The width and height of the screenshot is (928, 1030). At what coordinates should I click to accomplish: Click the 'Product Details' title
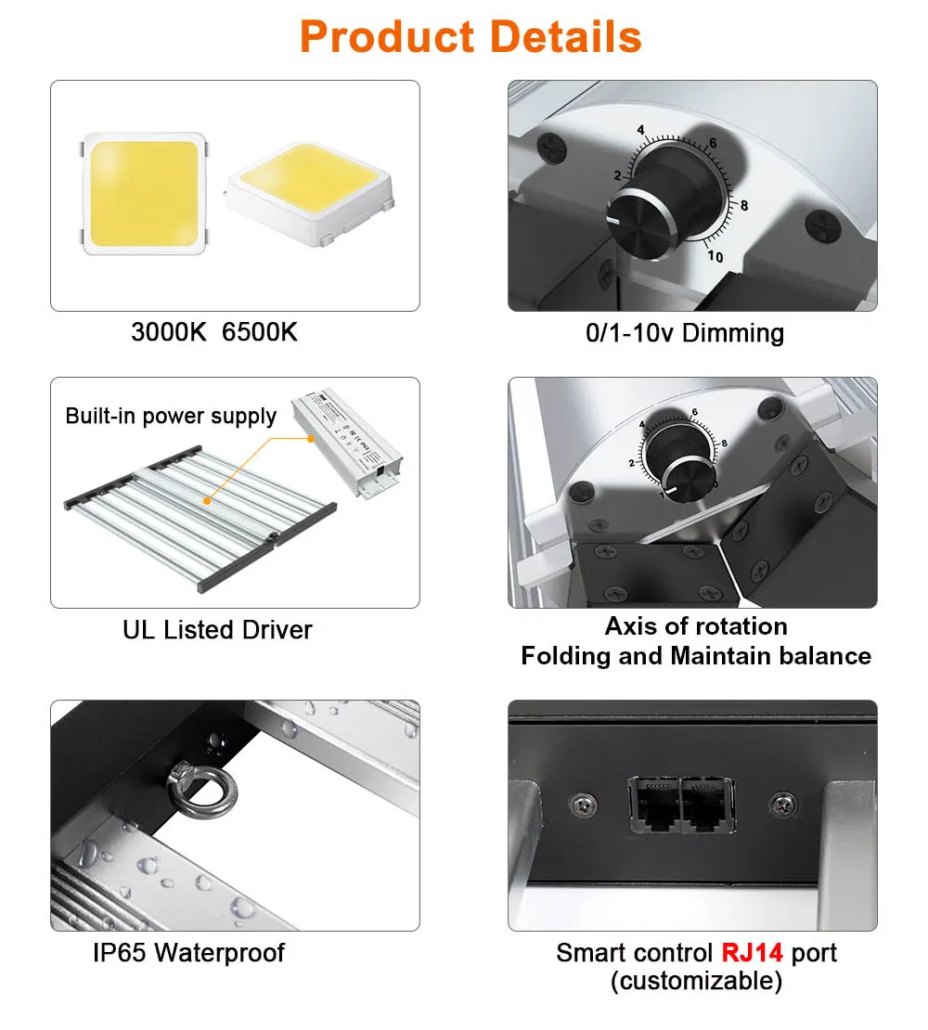click(x=470, y=37)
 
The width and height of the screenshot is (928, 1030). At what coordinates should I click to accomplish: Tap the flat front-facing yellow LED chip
click(x=144, y=194)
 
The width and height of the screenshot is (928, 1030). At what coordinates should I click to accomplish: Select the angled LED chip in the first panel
click(x=309, y=194)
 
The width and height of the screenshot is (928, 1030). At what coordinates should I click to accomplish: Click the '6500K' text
click(x=260, y=331)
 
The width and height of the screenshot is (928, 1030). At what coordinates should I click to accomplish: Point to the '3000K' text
click(x=169, y=331)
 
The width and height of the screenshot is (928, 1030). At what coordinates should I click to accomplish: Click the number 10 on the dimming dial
click(x=715, y=256)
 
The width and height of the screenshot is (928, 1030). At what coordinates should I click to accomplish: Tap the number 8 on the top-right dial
click(x=744, y=205)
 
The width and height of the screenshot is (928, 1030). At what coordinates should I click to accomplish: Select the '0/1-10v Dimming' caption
click(x=685, y=333)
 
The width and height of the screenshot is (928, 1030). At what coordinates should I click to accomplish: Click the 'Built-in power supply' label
click(x=171, y=416)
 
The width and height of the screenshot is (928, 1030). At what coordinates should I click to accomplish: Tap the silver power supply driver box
click(x=347, y=443)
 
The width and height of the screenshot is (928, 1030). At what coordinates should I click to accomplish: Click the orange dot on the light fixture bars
click(x=207, y=501)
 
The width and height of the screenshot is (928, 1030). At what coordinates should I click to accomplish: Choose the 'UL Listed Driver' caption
click(x=217, y=629)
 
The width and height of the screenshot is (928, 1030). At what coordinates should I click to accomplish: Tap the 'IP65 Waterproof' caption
click(x=189, y=952)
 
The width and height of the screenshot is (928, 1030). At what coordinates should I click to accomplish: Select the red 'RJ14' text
click(x=752, y=952)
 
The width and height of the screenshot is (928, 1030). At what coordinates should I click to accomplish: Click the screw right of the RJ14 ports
click(x=782, y=803)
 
